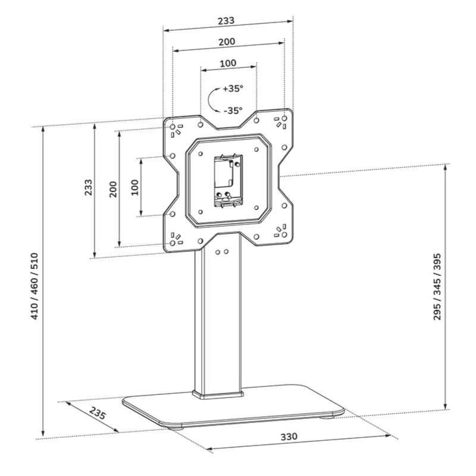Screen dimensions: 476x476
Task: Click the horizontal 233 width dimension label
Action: (226, 20)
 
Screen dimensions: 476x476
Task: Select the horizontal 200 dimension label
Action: (226, 42)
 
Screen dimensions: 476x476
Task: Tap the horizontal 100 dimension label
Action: (228, 63)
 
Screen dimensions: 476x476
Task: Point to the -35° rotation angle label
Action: (233, 110)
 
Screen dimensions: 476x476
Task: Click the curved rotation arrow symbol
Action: (212, 99)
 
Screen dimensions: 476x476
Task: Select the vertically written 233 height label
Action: (87, 190)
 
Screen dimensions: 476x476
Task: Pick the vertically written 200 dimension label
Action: (112, 189)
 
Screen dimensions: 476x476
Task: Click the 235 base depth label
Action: (98, 413)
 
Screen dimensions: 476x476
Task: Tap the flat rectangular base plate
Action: (232, 411)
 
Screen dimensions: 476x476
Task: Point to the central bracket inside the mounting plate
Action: (227, 180)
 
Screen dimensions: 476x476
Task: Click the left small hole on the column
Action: (217, 252)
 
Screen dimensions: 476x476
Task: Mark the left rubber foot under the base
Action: (177, 425)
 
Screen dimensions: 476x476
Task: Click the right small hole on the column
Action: (226, 252)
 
